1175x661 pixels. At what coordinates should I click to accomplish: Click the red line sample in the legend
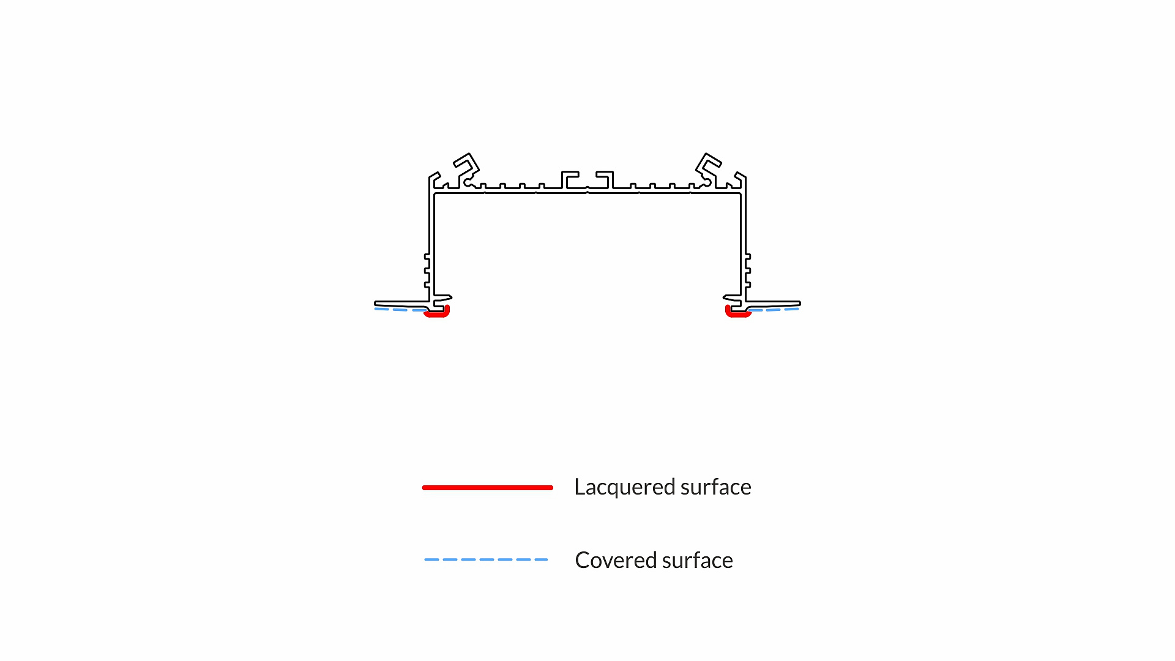(x=488, y=488)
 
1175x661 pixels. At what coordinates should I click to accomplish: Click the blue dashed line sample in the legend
(x=487, y=559)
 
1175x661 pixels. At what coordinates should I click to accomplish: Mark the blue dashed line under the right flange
(x=775, y=310)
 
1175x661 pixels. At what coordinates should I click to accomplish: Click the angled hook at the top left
(x=467, y=165)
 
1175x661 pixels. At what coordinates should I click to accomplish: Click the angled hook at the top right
(x=708, y=165)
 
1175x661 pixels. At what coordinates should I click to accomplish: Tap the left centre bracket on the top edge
(x=569, y=179)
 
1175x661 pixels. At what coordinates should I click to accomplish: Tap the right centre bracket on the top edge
(x=606, y=179)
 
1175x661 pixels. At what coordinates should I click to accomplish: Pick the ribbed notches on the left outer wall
(x=427, y=270)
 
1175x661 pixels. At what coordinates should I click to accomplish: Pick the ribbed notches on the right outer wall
(x=748, y=270)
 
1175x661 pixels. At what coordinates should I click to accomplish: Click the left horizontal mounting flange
(x=401, y=304)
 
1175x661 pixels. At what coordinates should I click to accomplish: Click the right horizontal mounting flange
(x=774, y=304)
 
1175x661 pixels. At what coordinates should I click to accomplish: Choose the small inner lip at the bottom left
(x=444, y=298)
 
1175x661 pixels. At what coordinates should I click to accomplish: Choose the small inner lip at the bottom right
(x=731, y=298)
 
